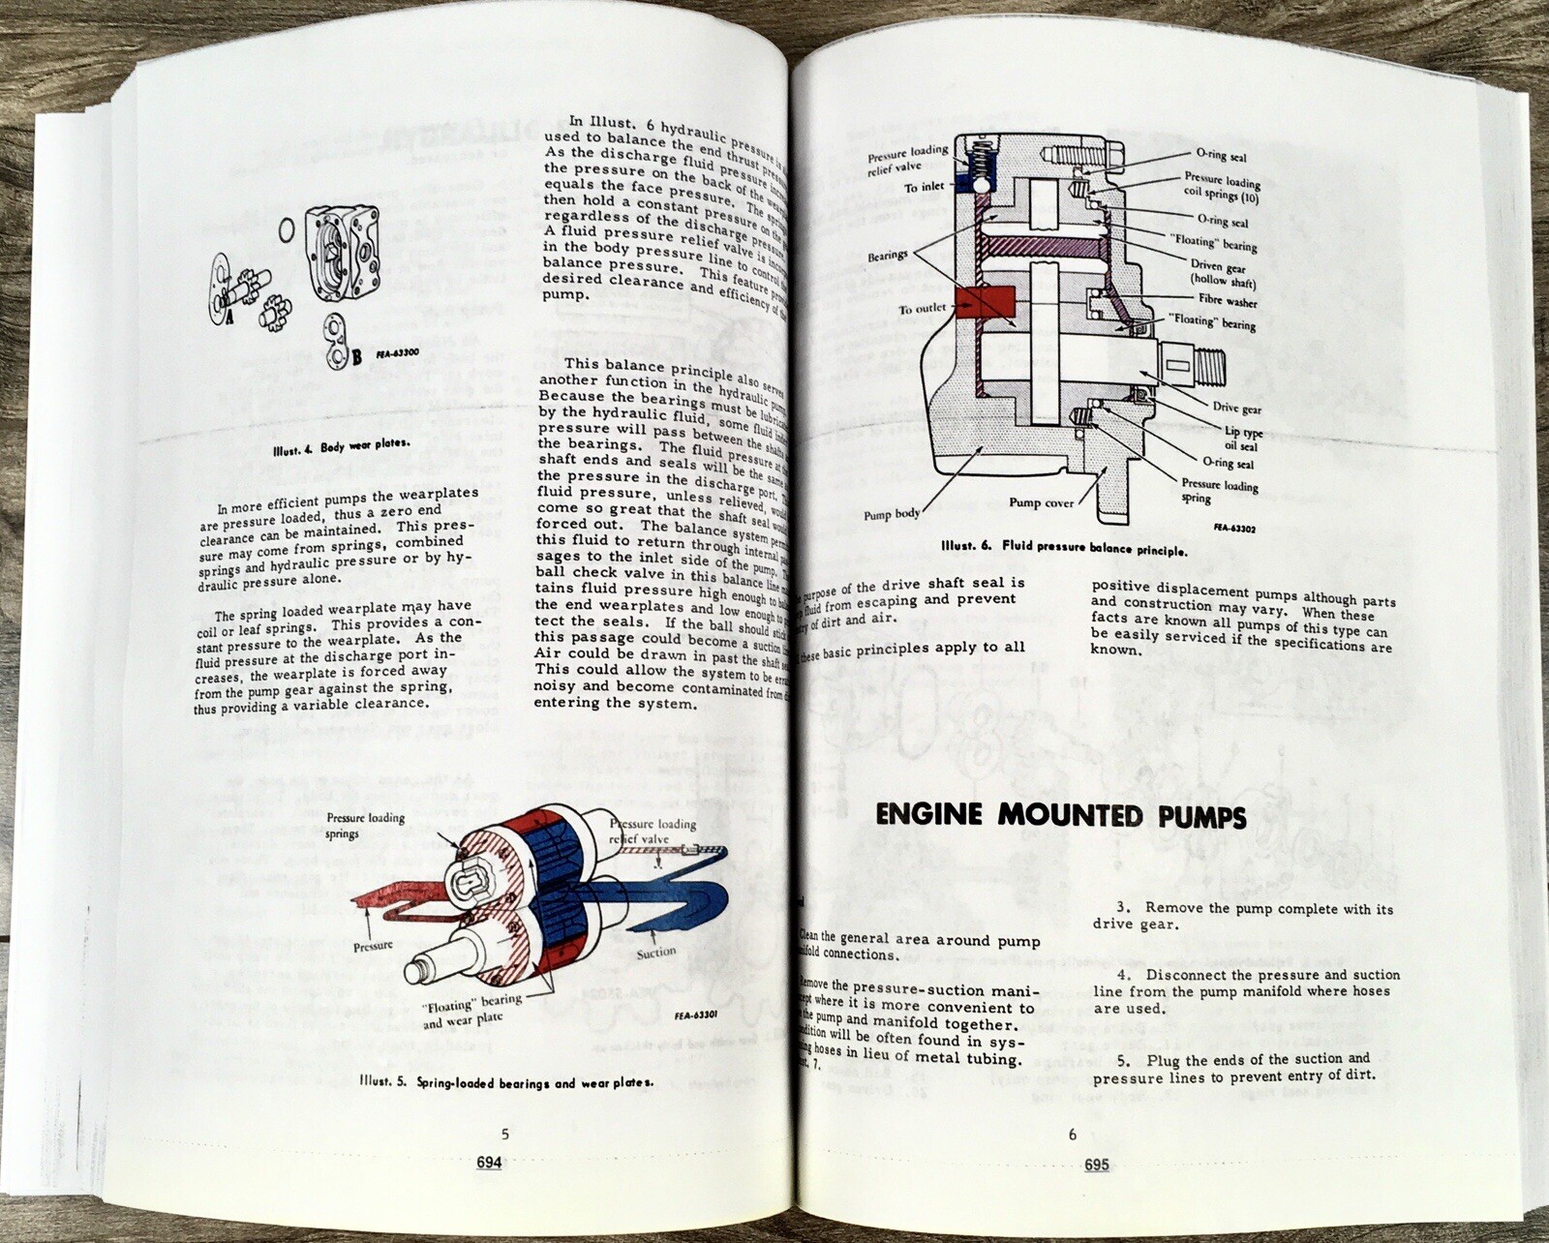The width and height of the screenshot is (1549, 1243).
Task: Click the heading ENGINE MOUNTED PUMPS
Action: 1060,816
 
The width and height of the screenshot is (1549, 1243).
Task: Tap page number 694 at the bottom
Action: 489,1164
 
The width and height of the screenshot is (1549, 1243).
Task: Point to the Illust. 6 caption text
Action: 1064,547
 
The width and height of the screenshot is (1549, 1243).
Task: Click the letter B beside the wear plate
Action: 355,357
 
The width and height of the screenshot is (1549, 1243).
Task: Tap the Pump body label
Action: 892,514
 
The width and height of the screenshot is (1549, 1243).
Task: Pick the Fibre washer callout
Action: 1228,301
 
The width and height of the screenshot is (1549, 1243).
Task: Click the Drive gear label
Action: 1236,408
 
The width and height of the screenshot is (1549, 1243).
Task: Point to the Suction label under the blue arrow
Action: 655,953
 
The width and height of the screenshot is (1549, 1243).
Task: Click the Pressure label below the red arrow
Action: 373,946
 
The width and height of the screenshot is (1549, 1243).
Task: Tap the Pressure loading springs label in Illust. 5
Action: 365,825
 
